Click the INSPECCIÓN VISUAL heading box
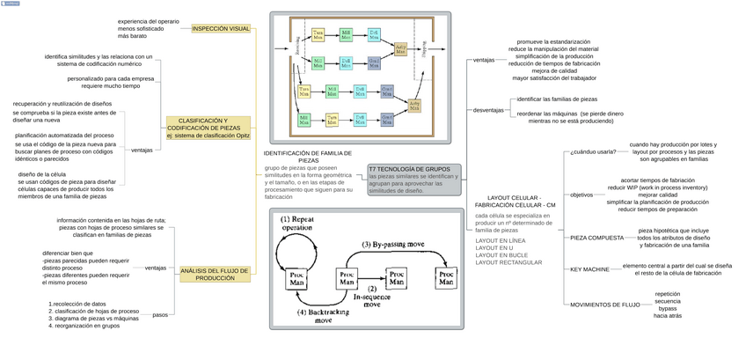221,28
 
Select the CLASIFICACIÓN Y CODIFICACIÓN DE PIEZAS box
208,129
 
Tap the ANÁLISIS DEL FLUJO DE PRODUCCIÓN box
215,274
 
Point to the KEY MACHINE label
589,269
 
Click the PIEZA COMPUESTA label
596,238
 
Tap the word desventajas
488,110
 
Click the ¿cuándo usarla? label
593,151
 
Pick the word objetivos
581,195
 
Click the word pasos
160,314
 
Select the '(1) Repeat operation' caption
297,223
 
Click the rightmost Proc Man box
447,279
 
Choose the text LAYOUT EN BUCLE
500,254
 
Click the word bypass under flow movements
668,309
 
